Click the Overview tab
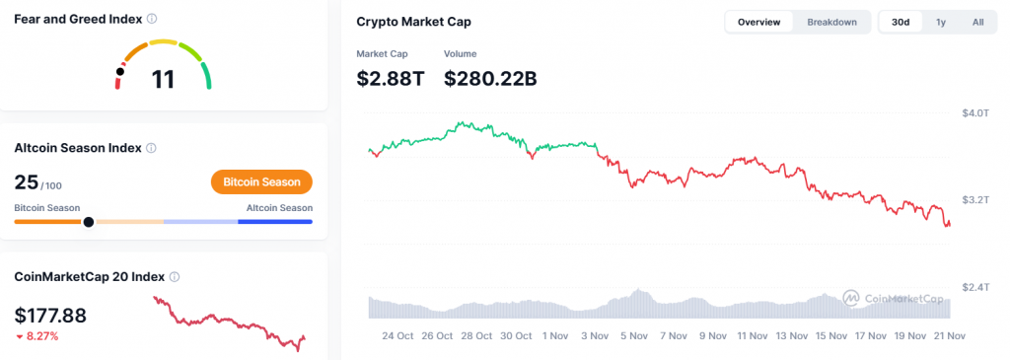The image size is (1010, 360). pos(758,22)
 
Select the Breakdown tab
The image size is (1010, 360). pos(831,22)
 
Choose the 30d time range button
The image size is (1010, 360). pos(901,22)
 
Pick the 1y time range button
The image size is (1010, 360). pos(941,22)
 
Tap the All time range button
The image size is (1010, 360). pos(977,22)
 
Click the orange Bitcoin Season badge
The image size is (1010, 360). pos(261,182)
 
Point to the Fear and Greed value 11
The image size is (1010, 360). pos(163,79)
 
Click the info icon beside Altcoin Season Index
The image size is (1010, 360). pos(151,148)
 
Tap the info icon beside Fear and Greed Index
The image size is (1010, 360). pos(151,19)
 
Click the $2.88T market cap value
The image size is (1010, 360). pos(390,78)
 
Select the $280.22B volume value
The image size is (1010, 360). pos(490,78)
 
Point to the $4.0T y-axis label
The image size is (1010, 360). pos(974,113)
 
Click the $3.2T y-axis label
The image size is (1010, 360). pos(974,200)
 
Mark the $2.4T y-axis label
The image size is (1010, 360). pos(974,287)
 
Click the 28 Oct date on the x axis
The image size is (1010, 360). pos(476,335)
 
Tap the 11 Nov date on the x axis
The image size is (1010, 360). pos(753,335)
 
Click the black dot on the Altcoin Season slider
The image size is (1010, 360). pos(89,222)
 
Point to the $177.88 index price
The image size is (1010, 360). pos(50,316)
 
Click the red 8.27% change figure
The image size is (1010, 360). pos(42,336)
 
